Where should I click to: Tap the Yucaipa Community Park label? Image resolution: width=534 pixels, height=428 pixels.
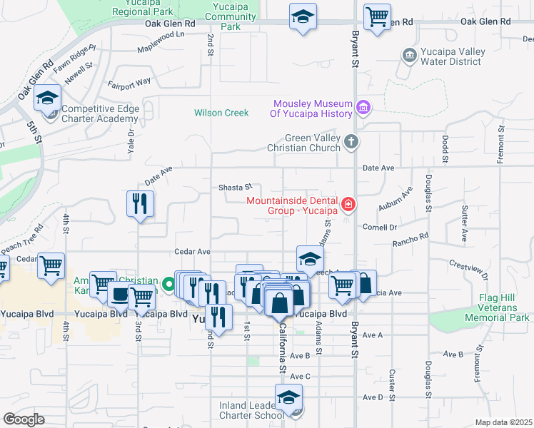pos(229,16)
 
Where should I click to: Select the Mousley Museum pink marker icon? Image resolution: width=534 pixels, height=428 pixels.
pos(363,108)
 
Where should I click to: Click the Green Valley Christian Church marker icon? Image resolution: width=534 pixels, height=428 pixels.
pos(350,142)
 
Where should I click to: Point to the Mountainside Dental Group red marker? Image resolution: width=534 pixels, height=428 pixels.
pos(348,205)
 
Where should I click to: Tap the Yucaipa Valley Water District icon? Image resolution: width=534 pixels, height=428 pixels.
pos(408,55)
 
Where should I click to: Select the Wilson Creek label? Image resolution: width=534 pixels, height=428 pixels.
pos(221,113)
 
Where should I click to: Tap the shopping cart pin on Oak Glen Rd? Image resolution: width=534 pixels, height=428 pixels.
pos(377,17)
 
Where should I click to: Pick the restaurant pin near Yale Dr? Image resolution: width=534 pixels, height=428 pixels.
pos(141,205)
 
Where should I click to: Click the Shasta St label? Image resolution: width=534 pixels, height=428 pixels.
pos(236,188)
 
